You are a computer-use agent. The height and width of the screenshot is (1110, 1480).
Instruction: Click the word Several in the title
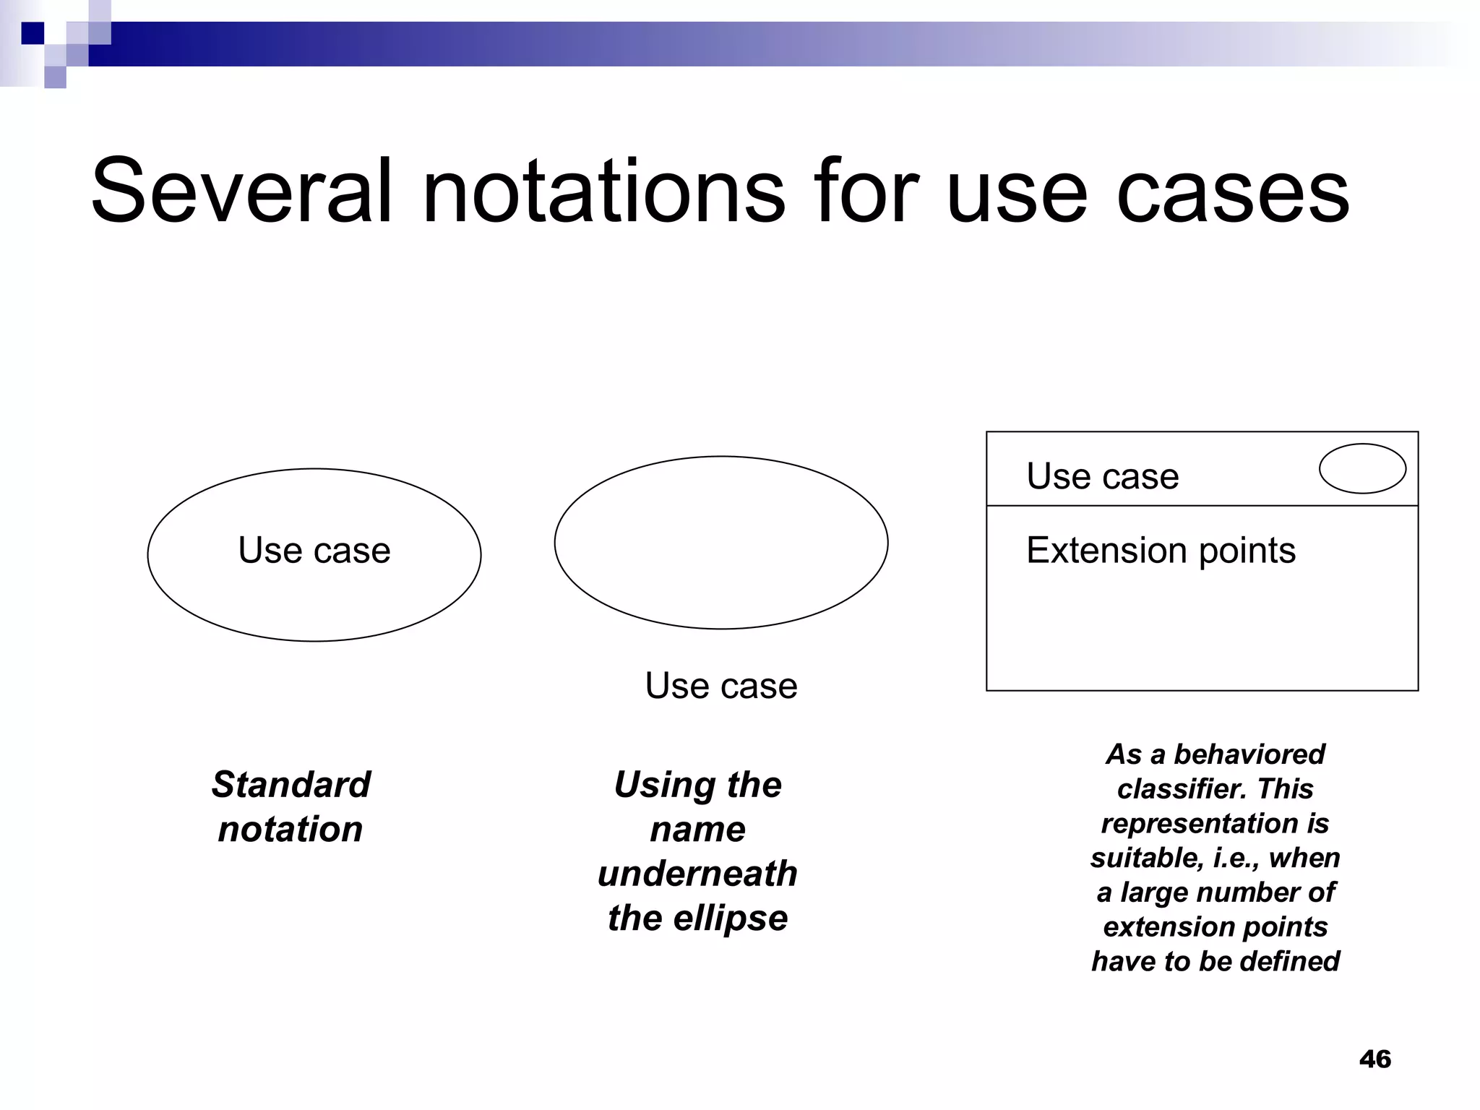pos(242,192)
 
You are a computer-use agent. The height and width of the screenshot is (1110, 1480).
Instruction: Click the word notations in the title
pos(603,192)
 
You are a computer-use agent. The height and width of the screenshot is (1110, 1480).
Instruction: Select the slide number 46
pos(1374,1059)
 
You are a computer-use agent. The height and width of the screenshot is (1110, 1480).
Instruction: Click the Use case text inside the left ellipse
pos(314,551)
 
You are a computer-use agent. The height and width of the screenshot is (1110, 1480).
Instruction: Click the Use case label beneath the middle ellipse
pos(721,685)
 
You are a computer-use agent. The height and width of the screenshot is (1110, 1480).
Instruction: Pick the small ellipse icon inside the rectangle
pos(1362,468)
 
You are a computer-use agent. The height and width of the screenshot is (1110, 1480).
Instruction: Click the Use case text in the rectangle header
pos(1102,476)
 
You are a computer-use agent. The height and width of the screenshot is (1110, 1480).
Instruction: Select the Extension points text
pos(1161,551)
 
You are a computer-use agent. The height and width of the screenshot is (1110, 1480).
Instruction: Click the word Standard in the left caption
pos(291,784)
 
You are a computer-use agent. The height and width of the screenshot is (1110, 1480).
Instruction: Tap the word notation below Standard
pos(291,829)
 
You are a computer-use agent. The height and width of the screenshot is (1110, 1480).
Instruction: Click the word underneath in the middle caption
pos(697,874)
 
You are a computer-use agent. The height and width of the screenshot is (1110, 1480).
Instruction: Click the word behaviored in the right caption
pos(1249,754)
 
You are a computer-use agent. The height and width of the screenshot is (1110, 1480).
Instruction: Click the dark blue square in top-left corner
pos(33,33)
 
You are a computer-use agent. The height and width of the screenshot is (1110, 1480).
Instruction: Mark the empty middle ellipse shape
pos(721,542)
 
